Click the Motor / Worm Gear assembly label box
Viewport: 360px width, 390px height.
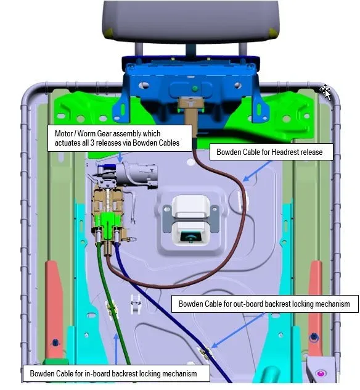point(120,138)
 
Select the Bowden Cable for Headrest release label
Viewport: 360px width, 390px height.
point(271,152)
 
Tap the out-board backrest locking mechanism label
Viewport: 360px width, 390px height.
point(265,304)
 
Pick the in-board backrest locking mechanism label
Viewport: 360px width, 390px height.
point(116,373)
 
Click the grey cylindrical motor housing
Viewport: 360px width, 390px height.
point(136,173)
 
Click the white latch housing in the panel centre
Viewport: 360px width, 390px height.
point(191,219)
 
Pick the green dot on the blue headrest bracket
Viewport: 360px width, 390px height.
point(195,88)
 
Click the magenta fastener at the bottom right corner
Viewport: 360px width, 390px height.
point(321,373)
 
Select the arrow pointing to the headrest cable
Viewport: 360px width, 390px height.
point(258,171)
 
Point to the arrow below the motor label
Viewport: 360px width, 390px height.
point(120,157)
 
